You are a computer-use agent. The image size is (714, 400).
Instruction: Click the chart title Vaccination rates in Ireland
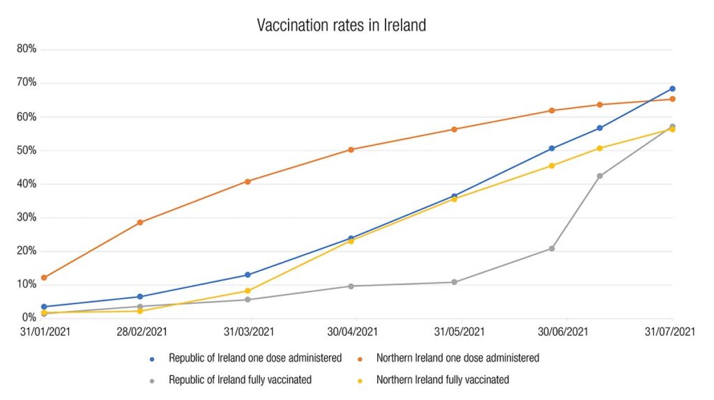341,26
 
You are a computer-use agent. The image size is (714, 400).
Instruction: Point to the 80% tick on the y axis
28,49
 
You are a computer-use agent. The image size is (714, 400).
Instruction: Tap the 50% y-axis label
28,151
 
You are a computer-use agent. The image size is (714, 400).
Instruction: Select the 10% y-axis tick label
28,284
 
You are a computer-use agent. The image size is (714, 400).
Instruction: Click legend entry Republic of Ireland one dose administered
255,358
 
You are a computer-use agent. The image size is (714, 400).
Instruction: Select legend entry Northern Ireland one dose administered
457,358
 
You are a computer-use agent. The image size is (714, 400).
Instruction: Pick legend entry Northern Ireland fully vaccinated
442,380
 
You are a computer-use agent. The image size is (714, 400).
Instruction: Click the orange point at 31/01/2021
44,278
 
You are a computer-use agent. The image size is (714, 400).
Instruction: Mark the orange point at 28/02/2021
140,222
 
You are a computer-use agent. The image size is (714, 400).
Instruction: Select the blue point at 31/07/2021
672,89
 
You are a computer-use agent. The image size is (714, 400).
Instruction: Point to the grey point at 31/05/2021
454,282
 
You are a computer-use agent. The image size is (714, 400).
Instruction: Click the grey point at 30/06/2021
552,248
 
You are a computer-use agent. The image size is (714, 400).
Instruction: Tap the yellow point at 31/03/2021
248,291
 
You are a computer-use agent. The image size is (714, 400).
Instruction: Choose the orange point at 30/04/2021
351,149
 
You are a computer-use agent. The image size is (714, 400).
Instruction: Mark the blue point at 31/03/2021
248,275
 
